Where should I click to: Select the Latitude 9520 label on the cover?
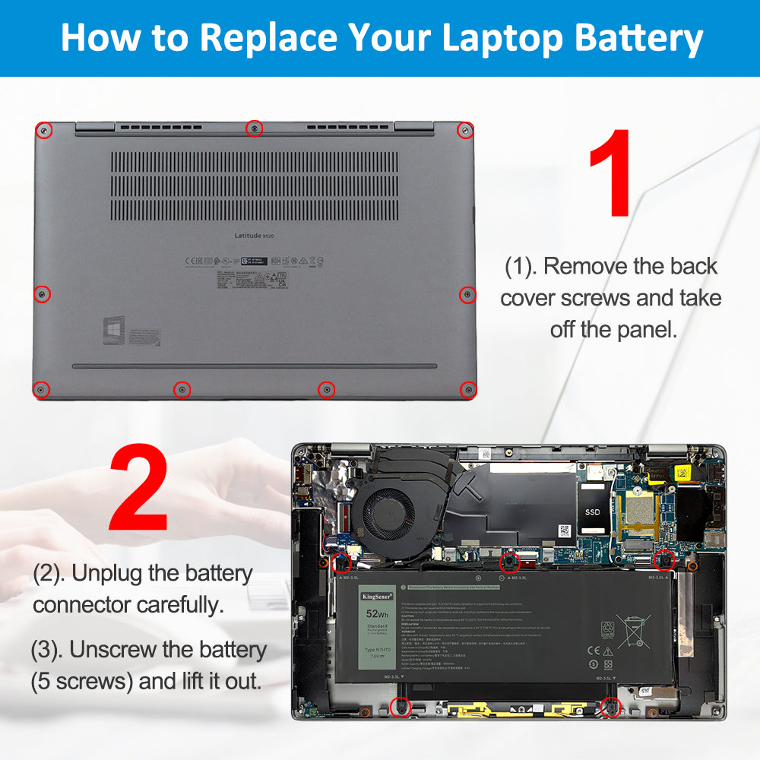254,236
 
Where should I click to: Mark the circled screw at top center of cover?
255,128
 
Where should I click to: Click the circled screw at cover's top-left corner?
46,131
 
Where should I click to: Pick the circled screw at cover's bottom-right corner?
468,389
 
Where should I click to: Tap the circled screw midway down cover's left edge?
43,293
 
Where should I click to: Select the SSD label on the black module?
593,512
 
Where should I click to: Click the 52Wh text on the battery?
378,613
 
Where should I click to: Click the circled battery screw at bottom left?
401,708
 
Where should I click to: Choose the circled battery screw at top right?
664,560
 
